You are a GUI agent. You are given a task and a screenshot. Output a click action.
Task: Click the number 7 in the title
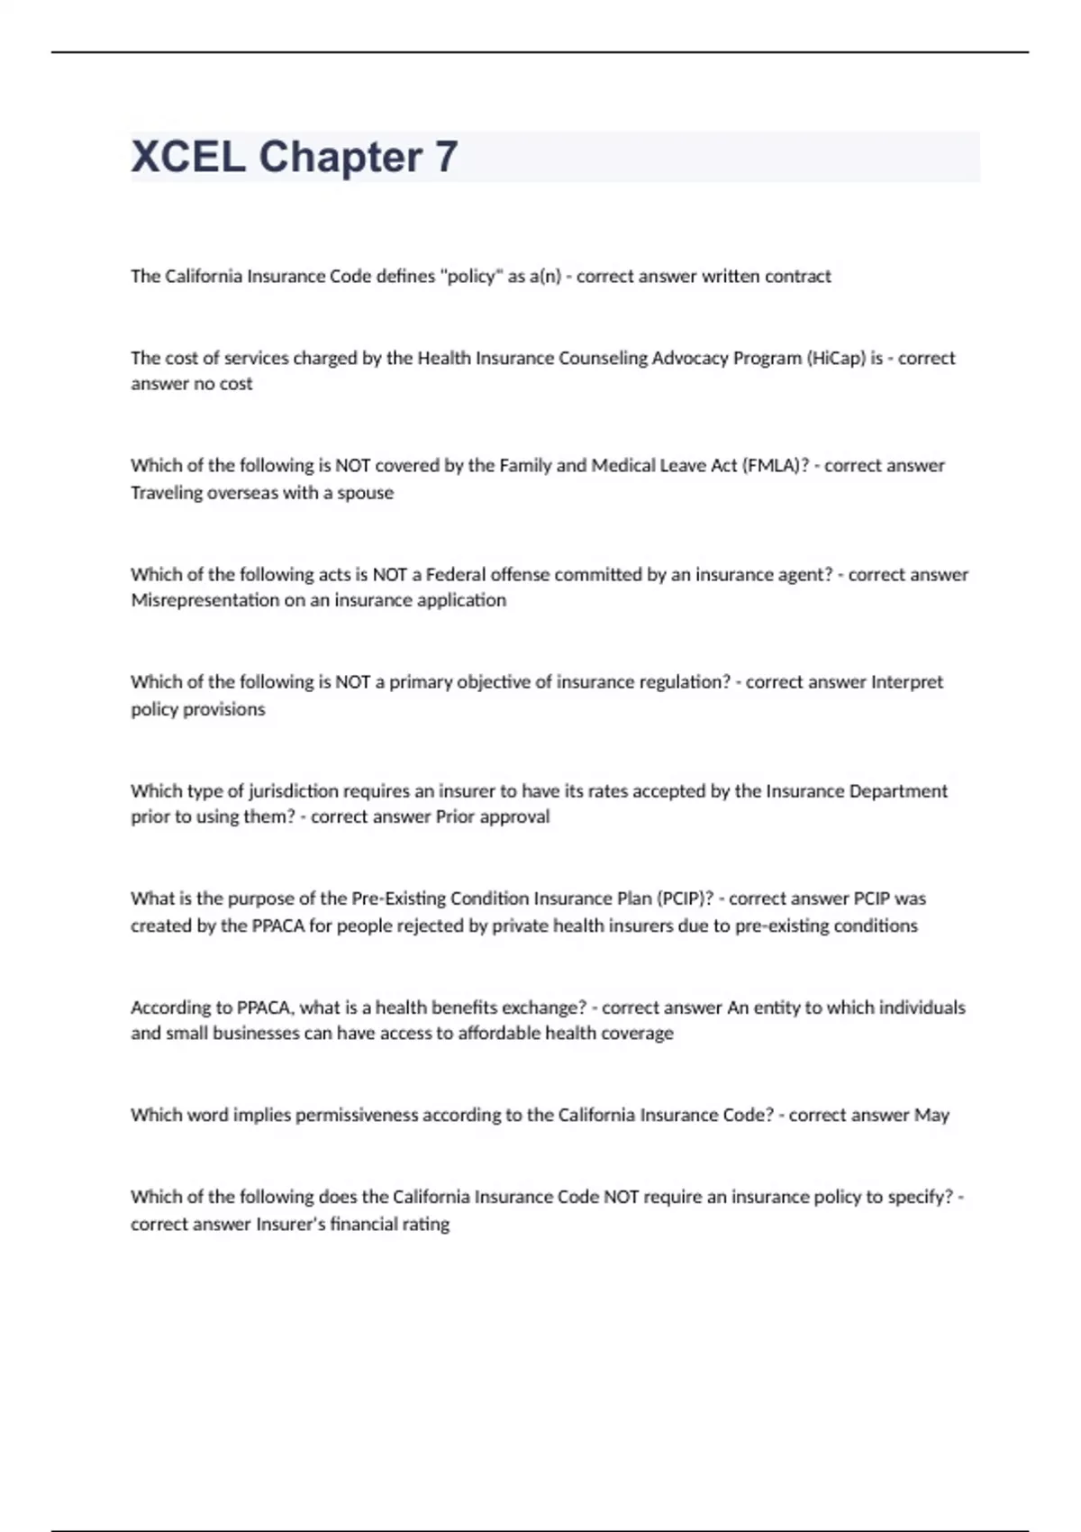(446, 157)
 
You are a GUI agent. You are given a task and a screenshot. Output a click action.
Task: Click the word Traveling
(166, 493)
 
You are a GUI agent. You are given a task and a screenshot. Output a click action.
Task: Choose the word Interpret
(906, 682)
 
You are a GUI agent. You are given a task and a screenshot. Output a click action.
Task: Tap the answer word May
(931, 1116)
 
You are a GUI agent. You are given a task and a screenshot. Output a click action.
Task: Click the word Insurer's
(289, 1225)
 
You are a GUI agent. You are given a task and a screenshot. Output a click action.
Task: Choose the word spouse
(365, 493)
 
